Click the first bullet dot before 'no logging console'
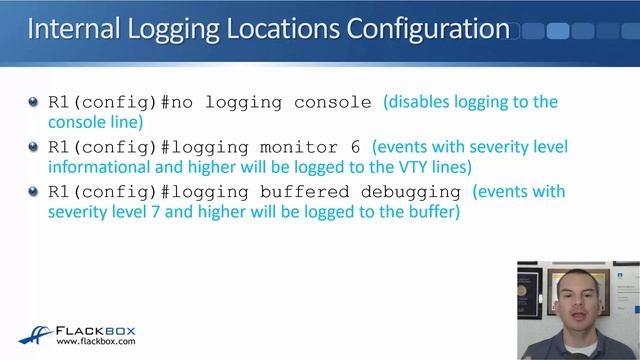click(x=36, y=103)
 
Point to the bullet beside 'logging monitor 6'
click(x=36, y=148)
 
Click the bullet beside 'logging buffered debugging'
click(x=36, y=192)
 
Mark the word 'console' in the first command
click(x=339, y=103)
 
